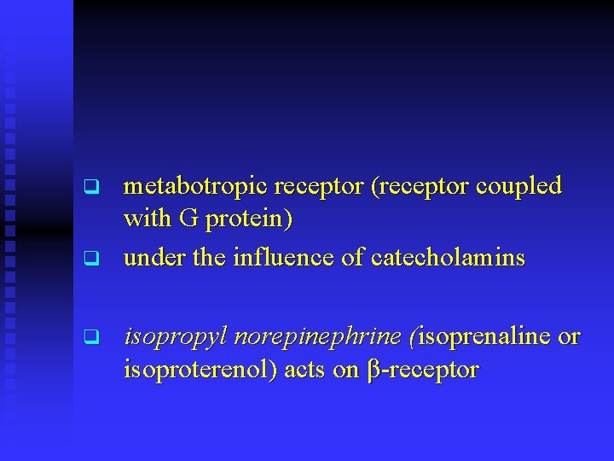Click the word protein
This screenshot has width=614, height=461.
[247, 219]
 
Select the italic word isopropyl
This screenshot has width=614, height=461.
[174, 338]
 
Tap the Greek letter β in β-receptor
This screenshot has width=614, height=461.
[372, 371]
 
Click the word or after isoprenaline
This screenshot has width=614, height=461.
[569, 338]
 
